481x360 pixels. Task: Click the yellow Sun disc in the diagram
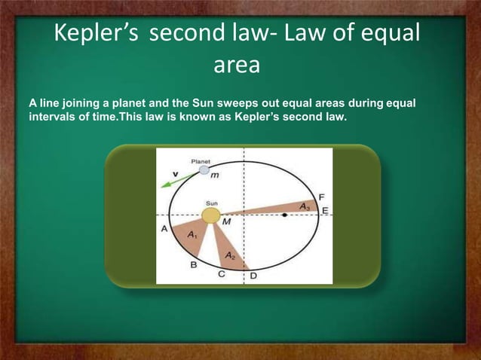click(x=211, y=216)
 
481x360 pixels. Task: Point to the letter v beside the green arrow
click(x=176, y=173)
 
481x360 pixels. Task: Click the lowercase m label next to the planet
click(x=214, y=175)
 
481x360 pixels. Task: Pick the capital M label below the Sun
click(x=226, y=223)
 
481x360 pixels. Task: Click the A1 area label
click(x=191, y=235)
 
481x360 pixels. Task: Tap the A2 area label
click(x=231, y=257)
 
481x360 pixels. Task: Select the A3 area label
click(x=305, y=206)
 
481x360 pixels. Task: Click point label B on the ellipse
click(x=194, y=265)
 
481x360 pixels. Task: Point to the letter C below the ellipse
click(x=222, y=275)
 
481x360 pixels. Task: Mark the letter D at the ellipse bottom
click(x=253, y=276)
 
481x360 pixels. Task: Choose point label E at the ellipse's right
click(x=325, y=210)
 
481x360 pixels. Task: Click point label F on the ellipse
click(x=322, y=196)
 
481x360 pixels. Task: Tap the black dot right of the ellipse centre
click(x=284, y=216)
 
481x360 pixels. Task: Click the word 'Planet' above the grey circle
click(x=201, y=161)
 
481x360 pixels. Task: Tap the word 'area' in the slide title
click(x=237, y=66)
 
